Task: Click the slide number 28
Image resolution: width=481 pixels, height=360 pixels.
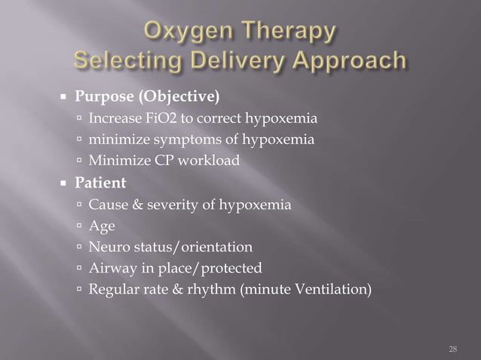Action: click(x=452, y=348)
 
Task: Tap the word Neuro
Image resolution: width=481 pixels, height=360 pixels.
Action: click(x=106, y=246)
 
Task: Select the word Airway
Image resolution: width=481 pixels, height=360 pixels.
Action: click(x=110, y=267)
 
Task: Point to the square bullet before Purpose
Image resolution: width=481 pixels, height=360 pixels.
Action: click(x=76, y=98)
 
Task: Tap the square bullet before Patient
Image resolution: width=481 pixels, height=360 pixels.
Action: click(x=76, y=182)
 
